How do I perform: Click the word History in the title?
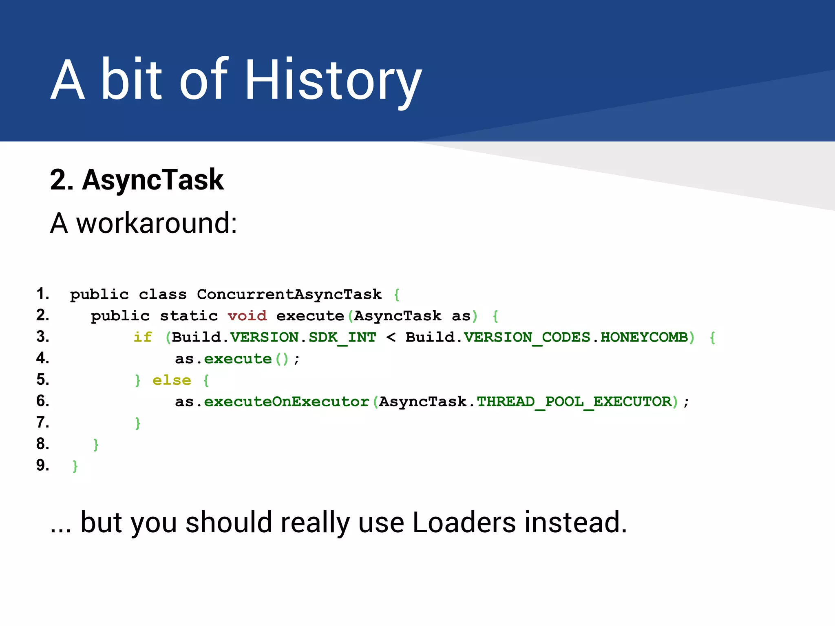[332, 79]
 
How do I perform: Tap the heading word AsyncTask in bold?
[153, 180]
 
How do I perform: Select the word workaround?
[157, 223]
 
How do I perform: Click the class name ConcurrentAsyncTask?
[289, 294]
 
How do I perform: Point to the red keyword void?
[247, 316]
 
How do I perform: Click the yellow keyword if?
[143, 337]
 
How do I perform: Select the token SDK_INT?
[342, 337]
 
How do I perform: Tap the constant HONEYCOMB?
[644, 337]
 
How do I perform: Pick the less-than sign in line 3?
[391, 337]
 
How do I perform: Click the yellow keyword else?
[172, 380]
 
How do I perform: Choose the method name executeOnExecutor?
[286, 402]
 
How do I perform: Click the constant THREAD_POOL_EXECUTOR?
[574, 402]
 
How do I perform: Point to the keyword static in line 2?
[189, 316]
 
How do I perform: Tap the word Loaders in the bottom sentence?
[464, 522]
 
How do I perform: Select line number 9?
[42, 465]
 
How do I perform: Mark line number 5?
[42, 380]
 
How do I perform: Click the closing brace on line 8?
[96, 444]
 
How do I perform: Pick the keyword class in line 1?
[163, 294]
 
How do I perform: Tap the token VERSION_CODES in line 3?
[527, 337]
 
